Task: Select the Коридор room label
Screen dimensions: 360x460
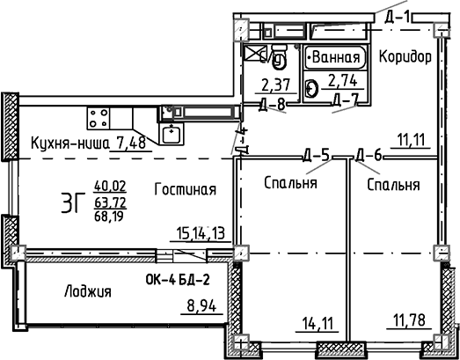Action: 405,57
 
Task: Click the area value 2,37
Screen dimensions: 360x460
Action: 276,85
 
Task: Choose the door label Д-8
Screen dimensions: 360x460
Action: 274,104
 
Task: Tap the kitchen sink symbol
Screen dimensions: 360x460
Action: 170,134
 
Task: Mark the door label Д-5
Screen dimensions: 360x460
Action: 317,156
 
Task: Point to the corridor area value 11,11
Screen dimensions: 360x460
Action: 412,139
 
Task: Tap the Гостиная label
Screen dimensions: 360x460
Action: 185,189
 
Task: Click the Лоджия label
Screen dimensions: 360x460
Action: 87,291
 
